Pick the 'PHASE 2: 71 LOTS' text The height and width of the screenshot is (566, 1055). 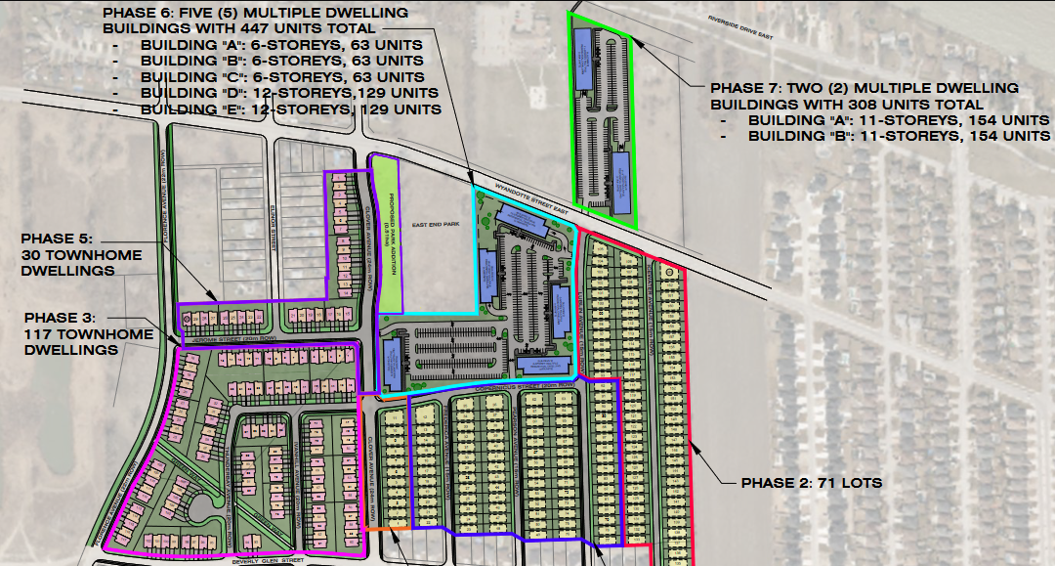click(811, 483)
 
